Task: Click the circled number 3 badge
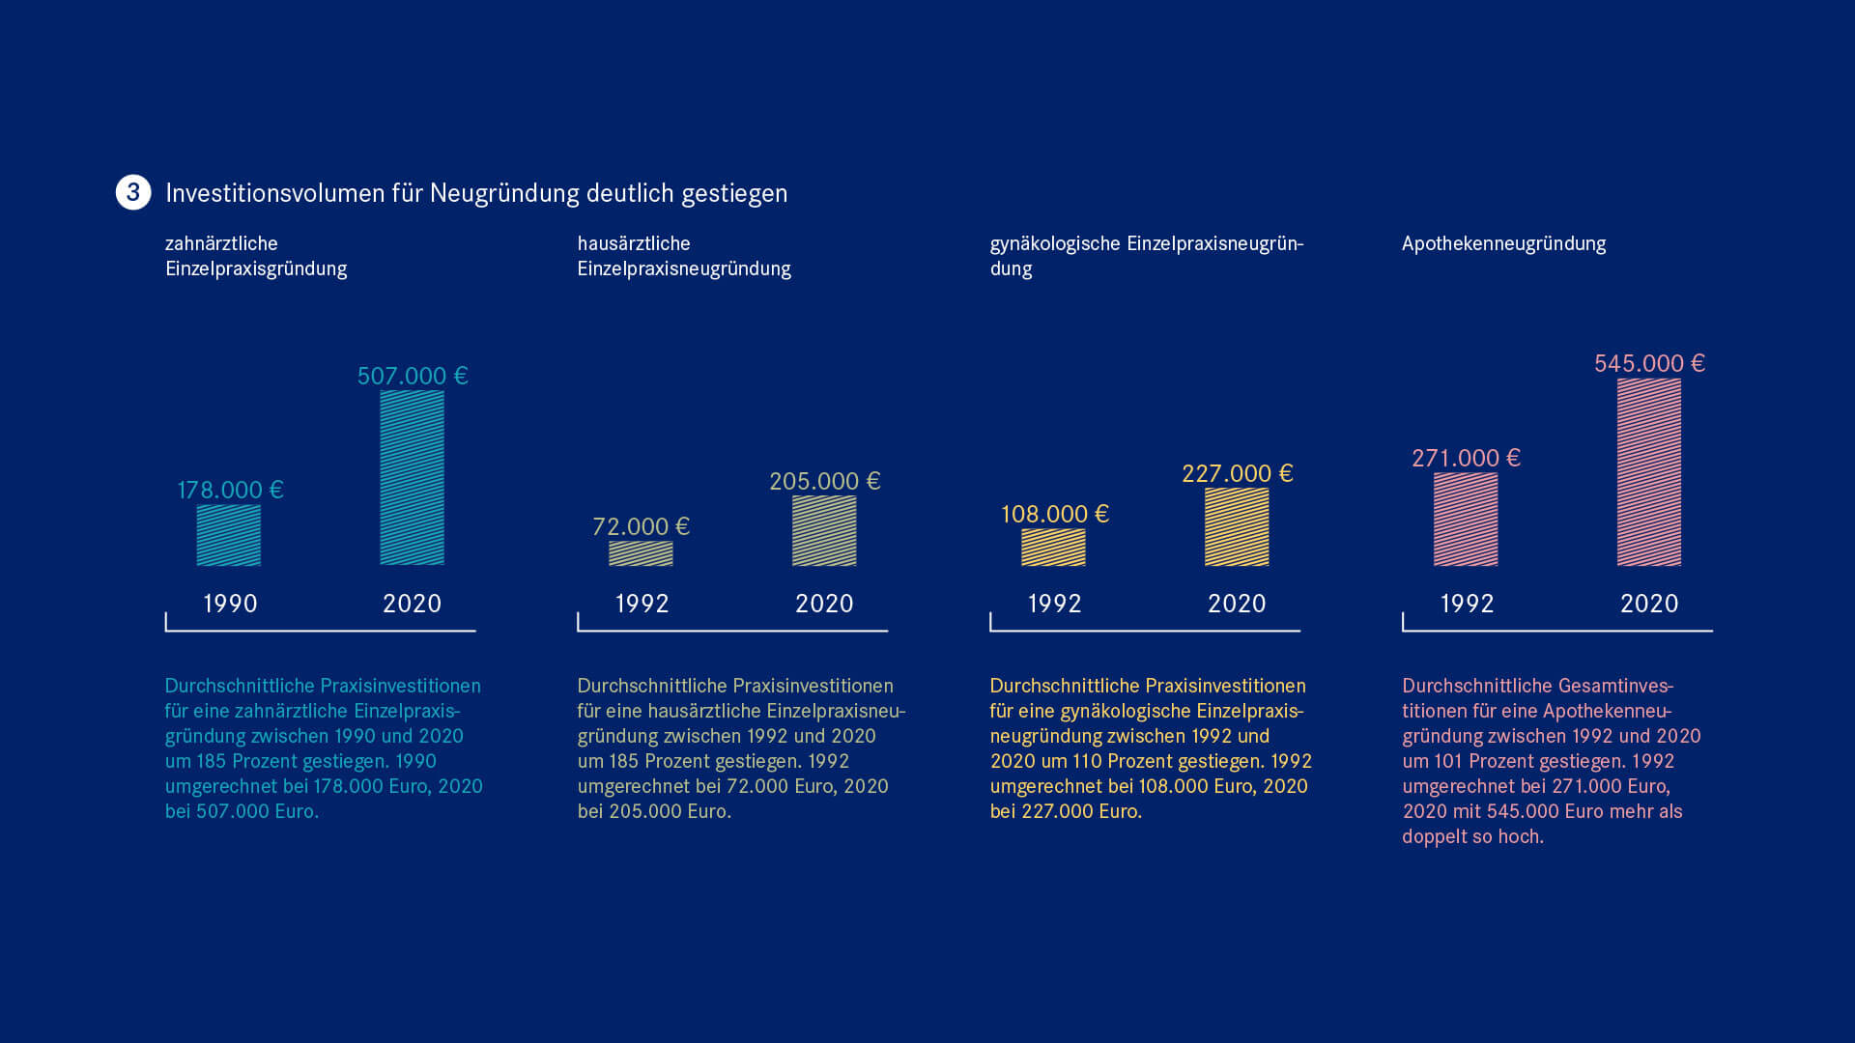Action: [133, 192]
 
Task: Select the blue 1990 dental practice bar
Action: [229, 535]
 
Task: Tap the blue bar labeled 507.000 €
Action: [412, 477]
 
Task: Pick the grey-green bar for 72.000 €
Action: [641, 553]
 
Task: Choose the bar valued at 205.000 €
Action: [824, 530]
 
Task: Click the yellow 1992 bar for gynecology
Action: [1053, 547]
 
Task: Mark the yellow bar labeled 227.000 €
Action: [1237, 526]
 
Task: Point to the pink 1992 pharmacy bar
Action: [1466, 519]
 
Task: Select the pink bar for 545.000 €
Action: [1649, 471]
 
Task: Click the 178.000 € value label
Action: [230, 490]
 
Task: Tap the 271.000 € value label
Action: [1466, 458]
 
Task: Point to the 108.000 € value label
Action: [1054, 514]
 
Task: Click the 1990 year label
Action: [230, 604]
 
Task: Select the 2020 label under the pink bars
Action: [1649, 604]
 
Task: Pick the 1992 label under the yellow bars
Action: [1054, 604]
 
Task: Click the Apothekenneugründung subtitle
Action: [1503, 243]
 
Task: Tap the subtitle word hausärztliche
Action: [634, 243]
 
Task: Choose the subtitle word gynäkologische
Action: [1055, 243]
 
